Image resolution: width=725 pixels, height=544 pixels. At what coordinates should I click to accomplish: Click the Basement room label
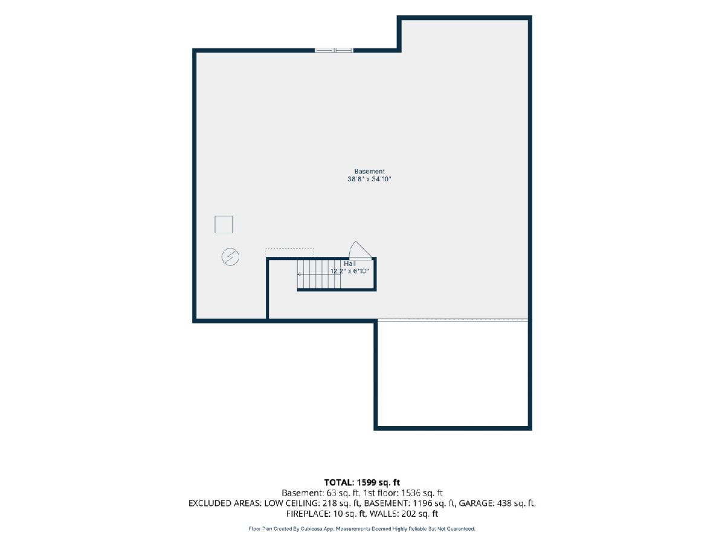point(369,172)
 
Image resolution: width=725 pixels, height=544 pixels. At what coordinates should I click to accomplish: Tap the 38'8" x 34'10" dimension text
point(369,179)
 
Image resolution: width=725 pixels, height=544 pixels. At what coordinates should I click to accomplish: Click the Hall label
point(350,264)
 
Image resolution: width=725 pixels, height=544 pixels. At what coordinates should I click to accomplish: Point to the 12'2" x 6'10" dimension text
point(350,271)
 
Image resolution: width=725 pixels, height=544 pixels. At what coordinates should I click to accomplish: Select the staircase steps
point(319,274)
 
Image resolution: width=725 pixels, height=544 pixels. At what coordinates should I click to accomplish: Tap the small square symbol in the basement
point(224,225)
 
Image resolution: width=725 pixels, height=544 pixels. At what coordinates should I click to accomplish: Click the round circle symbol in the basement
point(230,257)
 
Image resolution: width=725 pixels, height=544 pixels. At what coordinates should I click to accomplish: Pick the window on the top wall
point(334,50)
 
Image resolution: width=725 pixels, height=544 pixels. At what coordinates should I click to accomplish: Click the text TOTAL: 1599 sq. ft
point(362,482)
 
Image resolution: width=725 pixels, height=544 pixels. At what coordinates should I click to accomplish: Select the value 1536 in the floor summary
point(411,493)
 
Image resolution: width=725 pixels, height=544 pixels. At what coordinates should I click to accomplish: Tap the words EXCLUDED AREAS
point(224,504)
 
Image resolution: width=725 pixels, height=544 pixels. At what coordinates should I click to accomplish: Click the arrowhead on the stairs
point(298,274)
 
